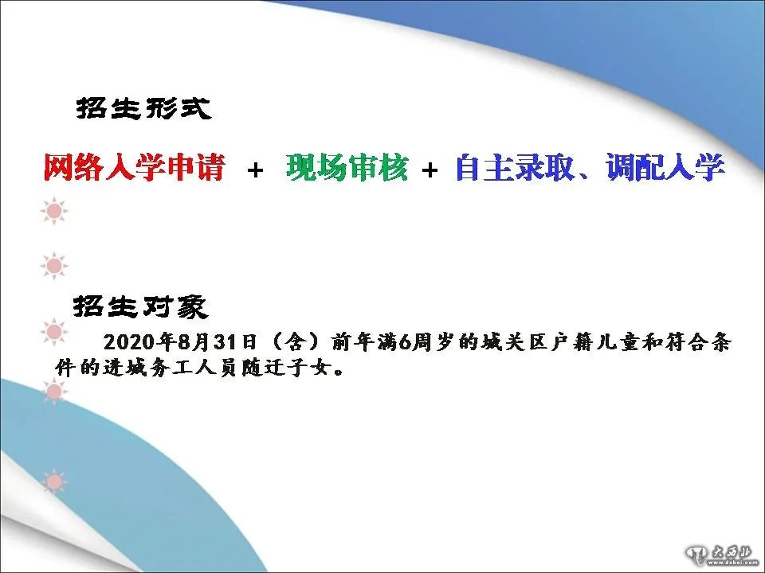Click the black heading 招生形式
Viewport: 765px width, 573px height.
point(143,108)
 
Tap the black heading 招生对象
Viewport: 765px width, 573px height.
point(140,306)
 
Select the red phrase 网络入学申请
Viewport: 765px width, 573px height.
point(135,167)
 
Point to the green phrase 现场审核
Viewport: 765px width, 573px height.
point(347,167)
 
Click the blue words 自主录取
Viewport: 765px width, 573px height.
point(515,167)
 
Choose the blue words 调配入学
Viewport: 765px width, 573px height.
point(665,167)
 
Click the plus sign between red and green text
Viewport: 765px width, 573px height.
point(255,170)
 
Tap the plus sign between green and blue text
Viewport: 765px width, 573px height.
point(430,170)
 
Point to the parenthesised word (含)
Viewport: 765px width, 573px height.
point(296,342)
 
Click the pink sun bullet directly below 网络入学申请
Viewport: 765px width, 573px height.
point(54,211)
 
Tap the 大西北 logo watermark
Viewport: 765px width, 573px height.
point(722,554)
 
